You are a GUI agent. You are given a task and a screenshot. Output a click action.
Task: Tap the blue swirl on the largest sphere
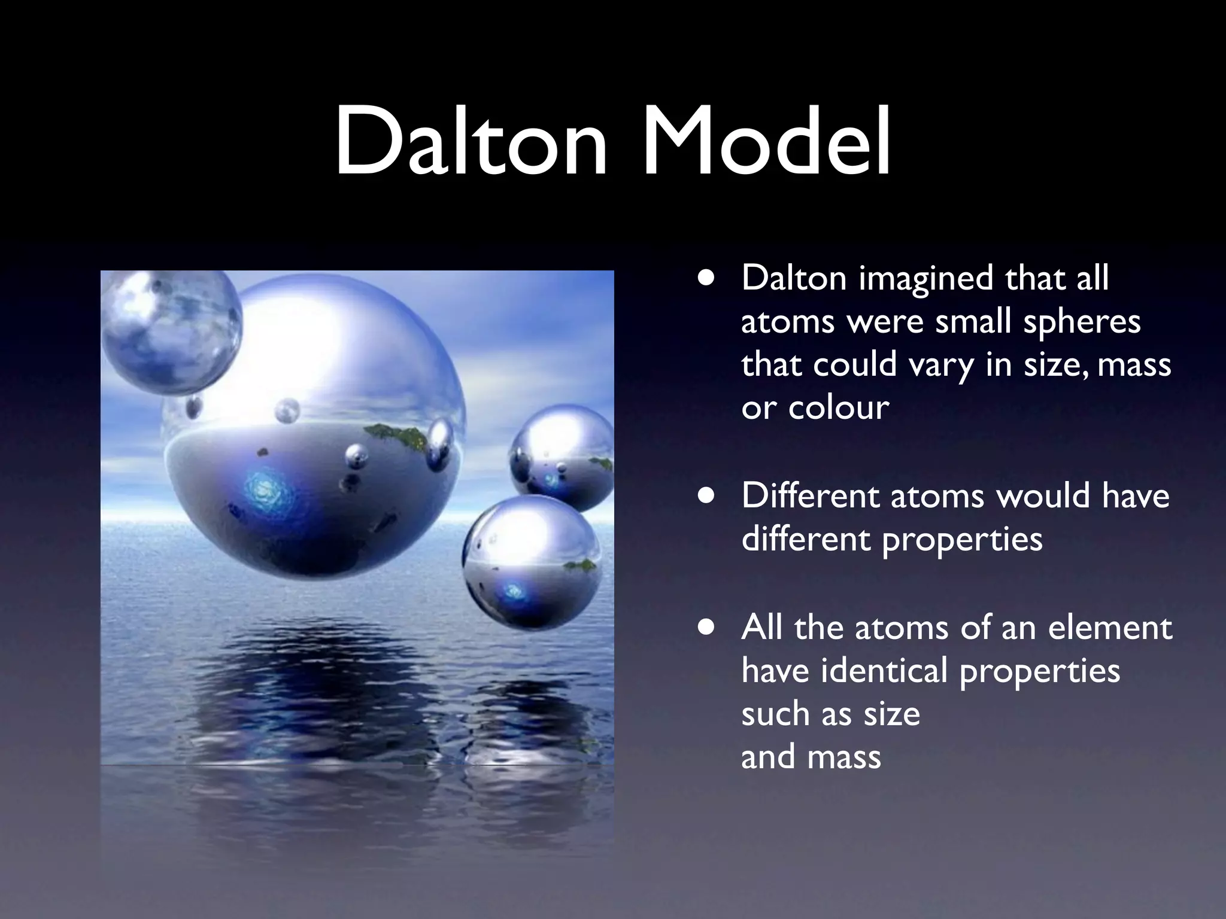[263, 489]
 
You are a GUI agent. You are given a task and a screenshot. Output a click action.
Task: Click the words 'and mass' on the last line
[811, 757]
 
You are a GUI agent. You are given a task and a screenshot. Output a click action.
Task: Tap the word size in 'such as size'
[892, 714]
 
